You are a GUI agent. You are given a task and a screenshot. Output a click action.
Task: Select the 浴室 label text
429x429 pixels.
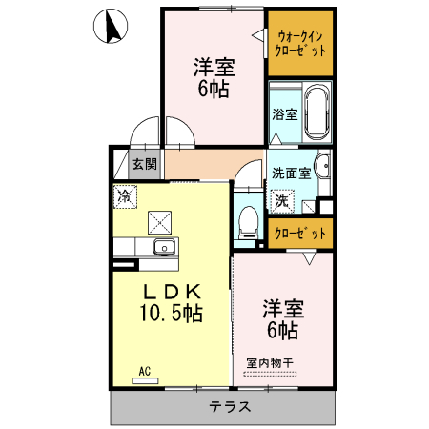284,114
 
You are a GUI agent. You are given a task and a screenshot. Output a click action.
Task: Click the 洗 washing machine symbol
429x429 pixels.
282,201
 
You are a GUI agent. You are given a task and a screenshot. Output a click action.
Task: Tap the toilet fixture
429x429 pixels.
248,220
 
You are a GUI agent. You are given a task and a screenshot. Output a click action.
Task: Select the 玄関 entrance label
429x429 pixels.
144,164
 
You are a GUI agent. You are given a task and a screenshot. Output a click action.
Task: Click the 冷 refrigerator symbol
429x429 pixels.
124,196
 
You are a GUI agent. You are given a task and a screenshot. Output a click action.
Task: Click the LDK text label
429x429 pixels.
172,290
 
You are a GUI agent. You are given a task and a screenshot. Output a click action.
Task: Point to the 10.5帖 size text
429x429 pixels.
172,312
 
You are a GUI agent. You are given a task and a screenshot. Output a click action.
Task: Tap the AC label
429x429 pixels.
145,370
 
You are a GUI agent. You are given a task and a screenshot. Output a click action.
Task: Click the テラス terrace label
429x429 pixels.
230,407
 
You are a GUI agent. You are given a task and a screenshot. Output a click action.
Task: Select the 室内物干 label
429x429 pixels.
270,362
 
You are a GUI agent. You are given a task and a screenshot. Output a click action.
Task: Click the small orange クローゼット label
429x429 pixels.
299,232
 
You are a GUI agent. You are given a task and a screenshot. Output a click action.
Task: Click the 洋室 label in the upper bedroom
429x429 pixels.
214,69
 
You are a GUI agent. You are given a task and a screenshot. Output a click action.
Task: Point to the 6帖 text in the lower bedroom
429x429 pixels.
282,331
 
